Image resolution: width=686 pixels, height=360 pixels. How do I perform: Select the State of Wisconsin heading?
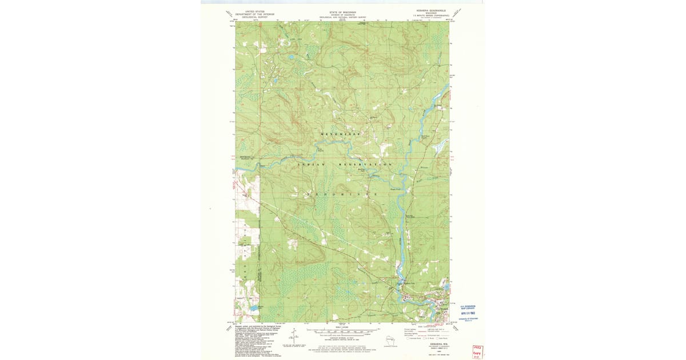tap(342, 11)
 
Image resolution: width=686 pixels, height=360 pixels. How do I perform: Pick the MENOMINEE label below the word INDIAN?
tap(342, 195)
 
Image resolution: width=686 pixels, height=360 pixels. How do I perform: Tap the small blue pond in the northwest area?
tap(290, 57)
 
